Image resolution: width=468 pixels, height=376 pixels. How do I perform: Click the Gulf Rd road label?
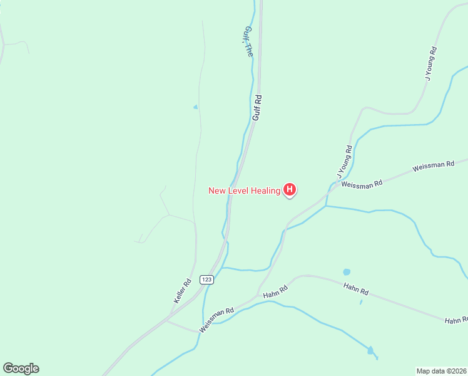tap(257, 107)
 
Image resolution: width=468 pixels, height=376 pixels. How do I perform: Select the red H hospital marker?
tap(290, 189)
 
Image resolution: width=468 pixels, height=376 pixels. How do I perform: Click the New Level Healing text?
tap(244, 191)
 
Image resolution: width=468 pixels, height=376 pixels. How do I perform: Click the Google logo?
tap(21, 368)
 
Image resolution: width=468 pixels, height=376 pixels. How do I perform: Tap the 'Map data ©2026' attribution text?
tap(441, 370)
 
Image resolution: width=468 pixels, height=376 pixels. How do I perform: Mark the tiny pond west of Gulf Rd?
tap(196, 107)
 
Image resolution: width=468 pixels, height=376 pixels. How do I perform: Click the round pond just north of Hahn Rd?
tap(347, 272)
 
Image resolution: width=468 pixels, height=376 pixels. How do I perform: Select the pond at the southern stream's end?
tap(370, 350)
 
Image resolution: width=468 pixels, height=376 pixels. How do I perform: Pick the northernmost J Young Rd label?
tap(431, 63)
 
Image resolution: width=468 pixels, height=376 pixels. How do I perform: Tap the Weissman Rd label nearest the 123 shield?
tap(216, 320)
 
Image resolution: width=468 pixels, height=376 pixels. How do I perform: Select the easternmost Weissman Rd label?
tap(433, 167)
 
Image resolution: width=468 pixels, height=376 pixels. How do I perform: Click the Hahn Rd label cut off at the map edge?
tap(455, 320)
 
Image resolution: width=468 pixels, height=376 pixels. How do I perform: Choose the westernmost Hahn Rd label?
tap(275, 290)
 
